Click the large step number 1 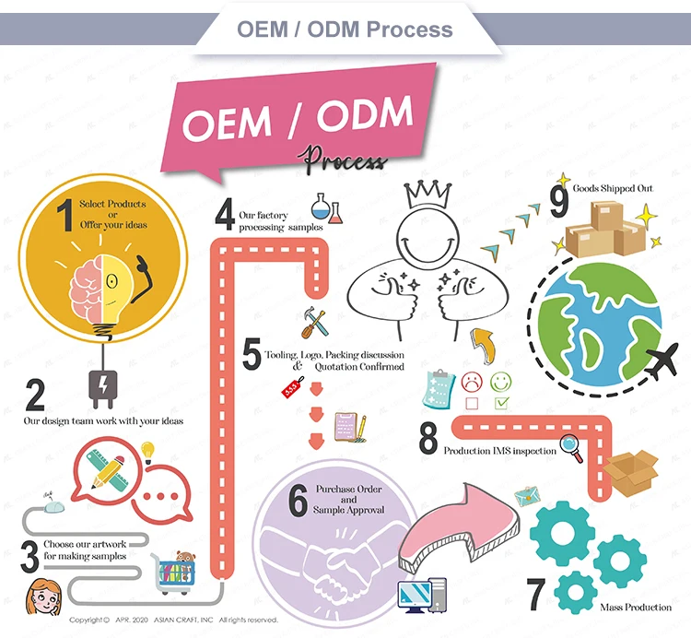pyautogui.click(x=64, y=216)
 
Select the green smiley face pyautogui.click(x=501, y=380)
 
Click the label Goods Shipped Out pyautogui.click(x=613, y=188)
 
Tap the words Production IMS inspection pyautogui.click(x=499, y=451)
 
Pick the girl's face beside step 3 pyautogui.click(x=41, y=591)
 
